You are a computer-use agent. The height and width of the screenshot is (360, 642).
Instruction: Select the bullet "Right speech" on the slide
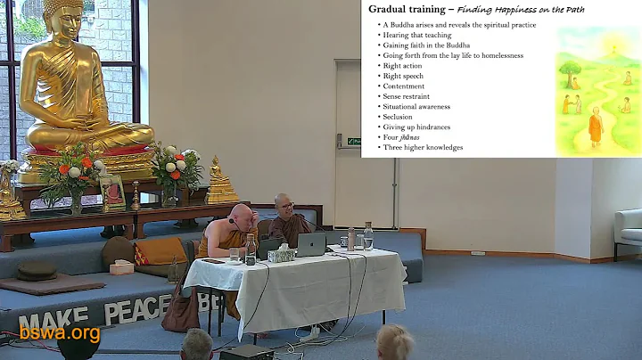(402, 77)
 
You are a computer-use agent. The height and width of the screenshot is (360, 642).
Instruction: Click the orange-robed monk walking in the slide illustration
(595, 126)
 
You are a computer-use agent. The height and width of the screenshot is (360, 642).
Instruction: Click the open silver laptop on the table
(310, 243)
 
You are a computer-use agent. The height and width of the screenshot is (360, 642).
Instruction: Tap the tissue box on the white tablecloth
(282, 254)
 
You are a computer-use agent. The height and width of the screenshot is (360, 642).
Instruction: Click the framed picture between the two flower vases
(112, 191)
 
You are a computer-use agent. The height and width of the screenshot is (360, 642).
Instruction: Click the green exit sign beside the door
(355, 141)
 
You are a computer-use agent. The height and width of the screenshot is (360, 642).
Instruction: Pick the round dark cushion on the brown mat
(37, 270)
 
